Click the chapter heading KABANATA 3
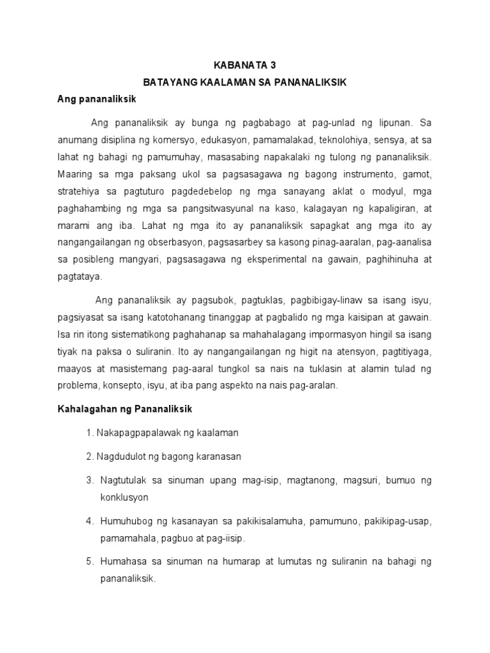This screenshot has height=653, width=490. tap(244, 65)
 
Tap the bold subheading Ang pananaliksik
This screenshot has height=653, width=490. tap(96, 99)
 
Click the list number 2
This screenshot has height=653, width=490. tap(89, 457)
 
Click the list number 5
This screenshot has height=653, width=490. tap(89, 562)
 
